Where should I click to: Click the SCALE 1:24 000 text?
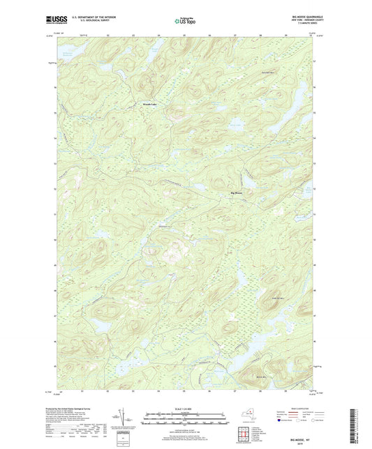(x=185, y=409)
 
